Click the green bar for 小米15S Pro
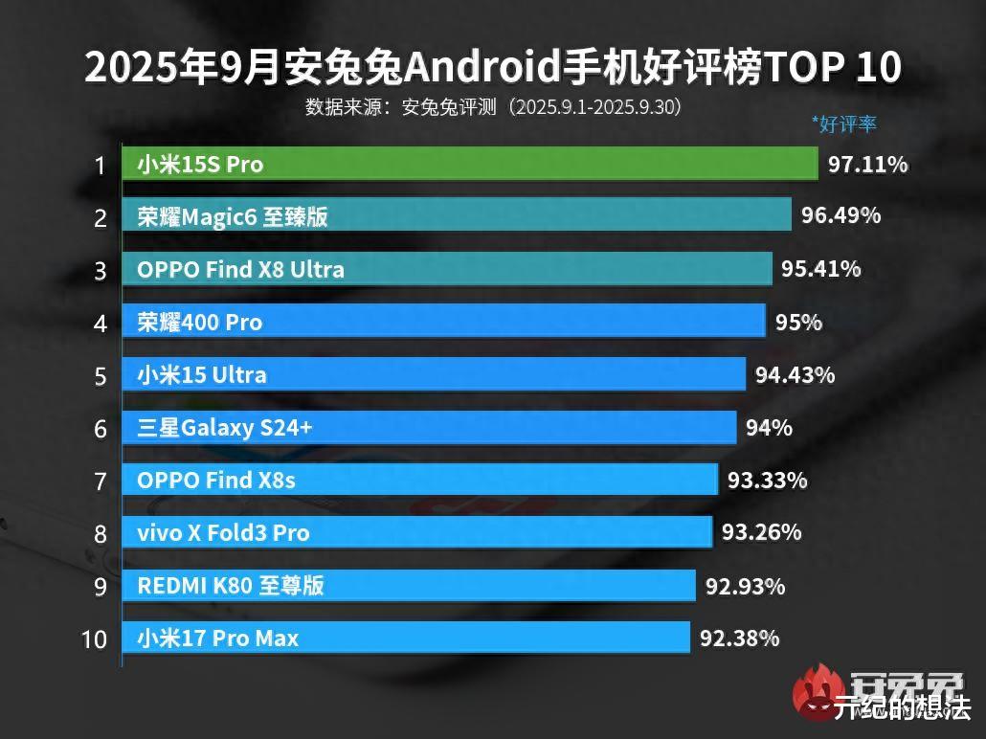[x=469, y=164]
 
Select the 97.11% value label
[x=867, y=165]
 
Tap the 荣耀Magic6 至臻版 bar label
[x=233, y=217]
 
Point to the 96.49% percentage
[x=840, y=216]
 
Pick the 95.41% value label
[x=820, y=269]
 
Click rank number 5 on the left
[x=101, y=375]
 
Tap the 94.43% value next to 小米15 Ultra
[x=795, y=374]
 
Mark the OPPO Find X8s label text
[x=216, y=480]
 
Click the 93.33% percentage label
[x=767, y=479]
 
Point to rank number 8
[x=101, y=533]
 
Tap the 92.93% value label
[x=745, y=585]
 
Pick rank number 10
[x=95, y=638]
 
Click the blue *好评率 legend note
[x=843, y=123]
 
